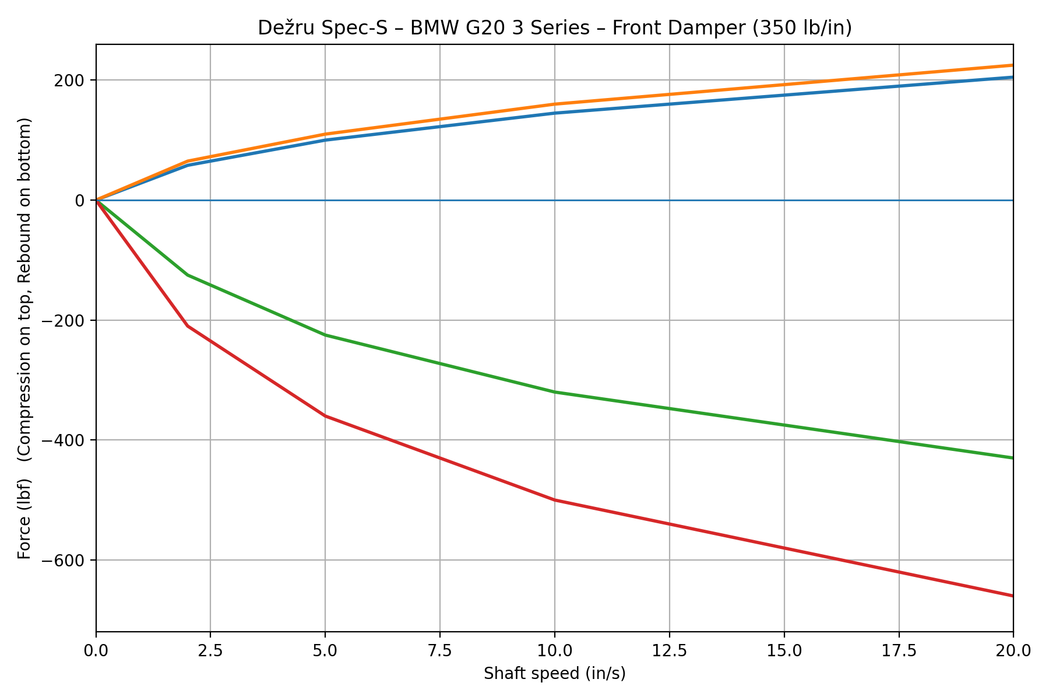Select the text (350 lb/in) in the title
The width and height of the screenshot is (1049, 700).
point(802,28)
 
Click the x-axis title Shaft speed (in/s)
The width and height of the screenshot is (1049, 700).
point(554,674)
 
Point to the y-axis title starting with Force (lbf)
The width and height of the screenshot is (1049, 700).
point(24,338)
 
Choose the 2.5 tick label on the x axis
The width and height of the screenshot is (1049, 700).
point(210,649)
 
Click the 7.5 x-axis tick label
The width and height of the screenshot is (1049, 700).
point(439,649)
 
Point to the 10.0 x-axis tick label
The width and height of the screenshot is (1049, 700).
point(554,649)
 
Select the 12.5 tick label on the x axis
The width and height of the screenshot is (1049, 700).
point(669,649)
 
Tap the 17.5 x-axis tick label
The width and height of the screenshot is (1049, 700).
point(899,649)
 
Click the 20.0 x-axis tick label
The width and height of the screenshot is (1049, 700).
point(1013,649)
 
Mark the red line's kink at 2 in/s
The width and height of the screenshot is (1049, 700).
point(188,326)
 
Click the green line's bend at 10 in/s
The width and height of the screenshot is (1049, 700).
point(555,392)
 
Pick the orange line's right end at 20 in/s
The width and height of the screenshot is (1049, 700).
point(1013,65)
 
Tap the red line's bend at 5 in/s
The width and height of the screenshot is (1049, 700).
point(325,416)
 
